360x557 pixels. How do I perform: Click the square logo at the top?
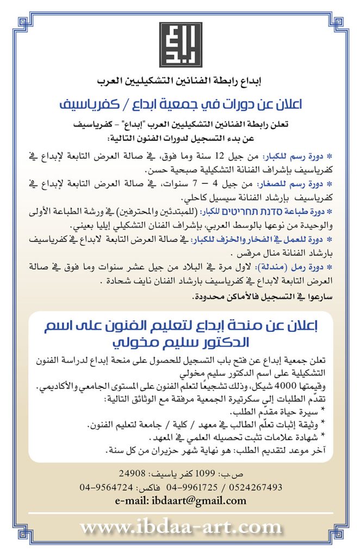coord(179,45)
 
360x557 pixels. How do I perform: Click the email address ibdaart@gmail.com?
coord(180,500)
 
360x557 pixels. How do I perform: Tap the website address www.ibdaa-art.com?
coord(180,527)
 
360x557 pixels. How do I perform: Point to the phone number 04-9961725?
coord(193,487)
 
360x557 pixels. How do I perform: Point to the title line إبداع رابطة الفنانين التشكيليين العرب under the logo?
coord(180,81)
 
